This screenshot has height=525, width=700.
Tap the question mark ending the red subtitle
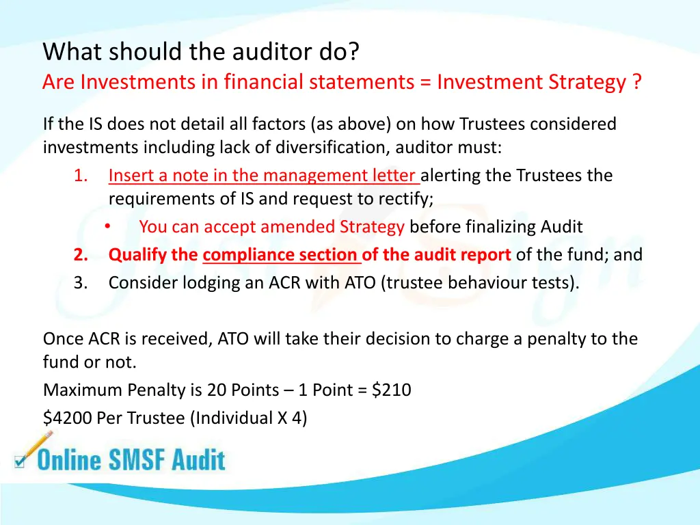(x=636, y=82)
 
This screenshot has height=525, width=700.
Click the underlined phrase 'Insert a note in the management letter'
(x=264, y=176)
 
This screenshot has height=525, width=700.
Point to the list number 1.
(x=81, y=176)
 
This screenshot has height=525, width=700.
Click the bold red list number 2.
(x=81, y=255)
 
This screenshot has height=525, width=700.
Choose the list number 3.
(x=81, y=282)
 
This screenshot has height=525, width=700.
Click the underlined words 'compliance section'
(x=281, y=255)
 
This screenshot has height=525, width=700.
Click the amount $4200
(x=67, y=418)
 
